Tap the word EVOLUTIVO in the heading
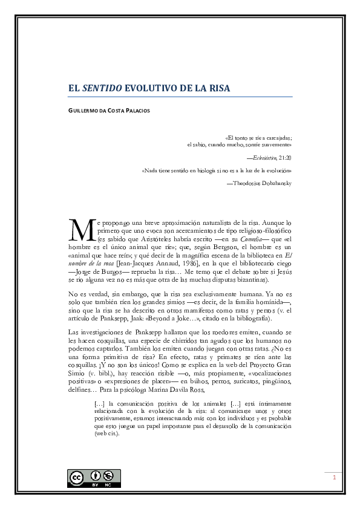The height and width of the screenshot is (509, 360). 151,88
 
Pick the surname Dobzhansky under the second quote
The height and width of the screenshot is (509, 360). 272,183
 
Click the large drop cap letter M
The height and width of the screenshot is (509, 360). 80,230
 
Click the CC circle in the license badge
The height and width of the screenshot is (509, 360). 77,478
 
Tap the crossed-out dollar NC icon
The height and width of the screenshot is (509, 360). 108,476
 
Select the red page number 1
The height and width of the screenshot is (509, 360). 333,478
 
